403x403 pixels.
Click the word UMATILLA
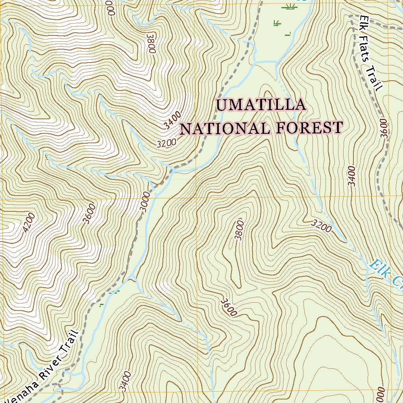pos(261,105)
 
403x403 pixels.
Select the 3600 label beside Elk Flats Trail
pos(385,128)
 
